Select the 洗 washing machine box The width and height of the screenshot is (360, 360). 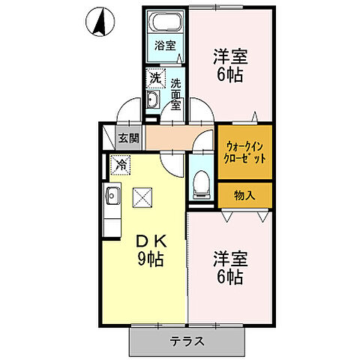pos(154,77)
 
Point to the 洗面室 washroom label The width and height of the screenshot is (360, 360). pos(175,94)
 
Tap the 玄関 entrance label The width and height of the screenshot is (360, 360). pos(128,137)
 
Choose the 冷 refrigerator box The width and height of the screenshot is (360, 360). pos(119,163)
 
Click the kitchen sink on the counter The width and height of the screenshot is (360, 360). pos(113,197)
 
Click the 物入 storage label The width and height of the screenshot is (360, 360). pos(244,195)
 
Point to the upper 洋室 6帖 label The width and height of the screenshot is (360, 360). pos(229,65)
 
